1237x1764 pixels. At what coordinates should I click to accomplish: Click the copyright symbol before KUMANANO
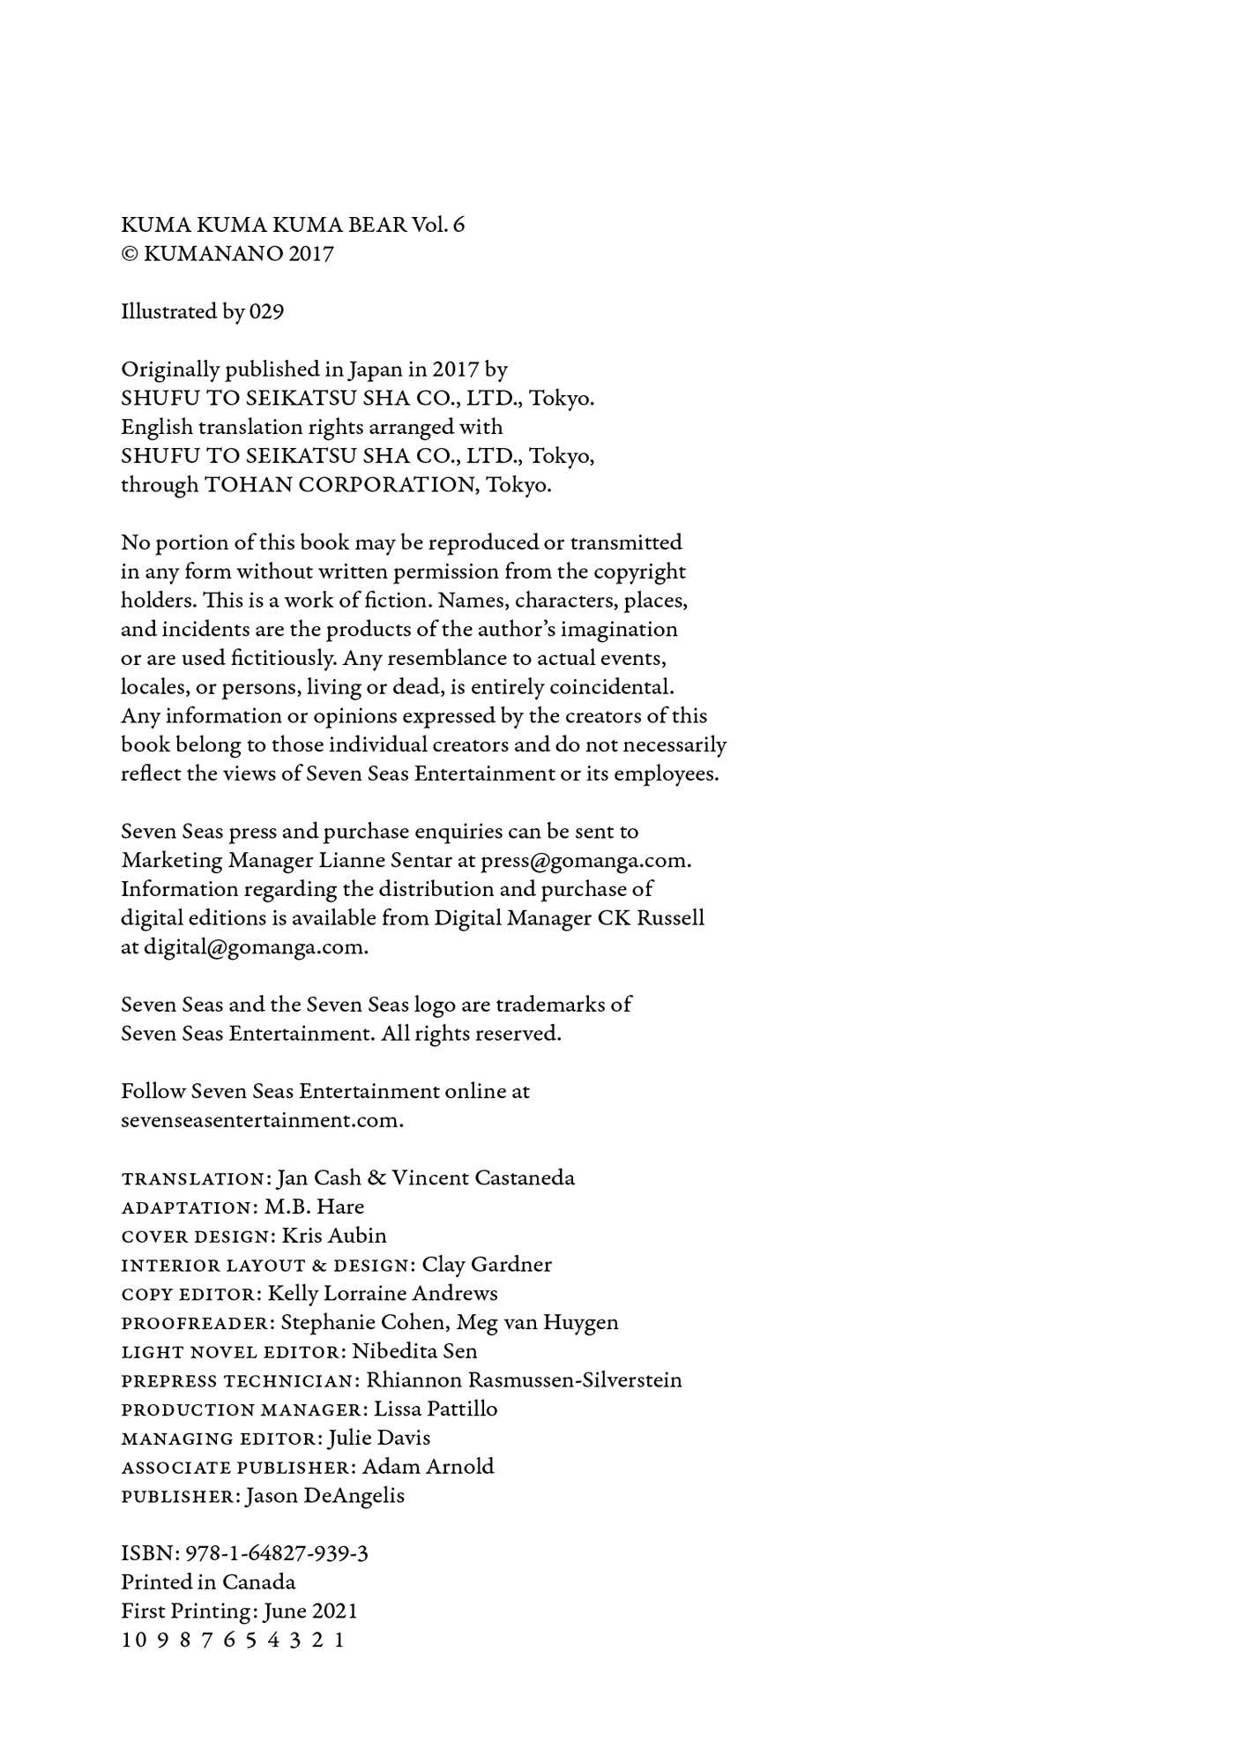[x=129, y=254]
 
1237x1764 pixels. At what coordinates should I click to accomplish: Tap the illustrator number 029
[x=266, y=311]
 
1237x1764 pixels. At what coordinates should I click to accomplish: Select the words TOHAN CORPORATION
[x=339, y=485]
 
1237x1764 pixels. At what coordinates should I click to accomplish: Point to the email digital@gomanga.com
[x=256, y=947]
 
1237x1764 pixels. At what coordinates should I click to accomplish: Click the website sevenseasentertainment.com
[x=262, y=1120]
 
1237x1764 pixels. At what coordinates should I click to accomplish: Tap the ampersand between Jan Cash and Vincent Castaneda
[x=376, y=1178]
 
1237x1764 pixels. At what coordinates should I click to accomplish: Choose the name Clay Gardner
[x=487, y=1265]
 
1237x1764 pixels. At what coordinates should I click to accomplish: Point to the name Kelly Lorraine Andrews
[x=383, y=1294]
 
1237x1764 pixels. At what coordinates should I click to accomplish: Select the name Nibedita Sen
[x=414, y=1351]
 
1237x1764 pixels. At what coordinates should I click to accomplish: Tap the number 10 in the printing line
[x=132, y=1641]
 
